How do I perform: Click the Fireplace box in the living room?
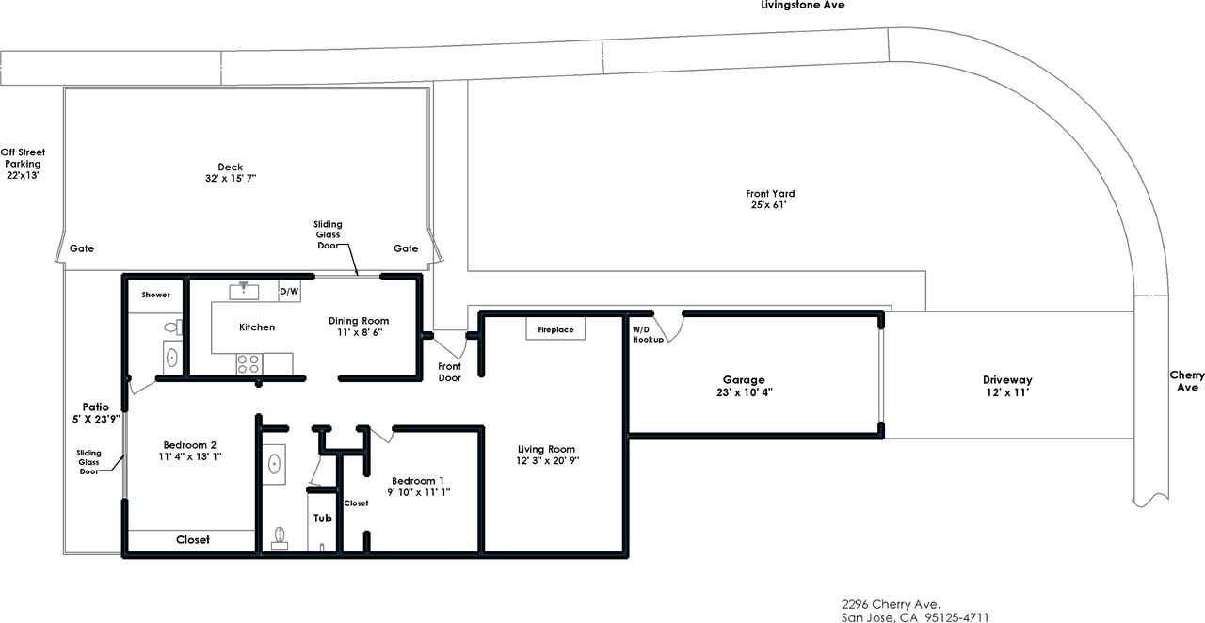555,328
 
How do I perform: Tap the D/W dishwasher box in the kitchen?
289,291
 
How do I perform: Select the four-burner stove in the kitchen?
249,363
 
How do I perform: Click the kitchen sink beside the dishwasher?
244,291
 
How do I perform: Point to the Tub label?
323,519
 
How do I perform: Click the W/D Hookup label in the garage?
648,335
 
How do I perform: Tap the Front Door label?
450,372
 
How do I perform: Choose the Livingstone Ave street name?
803,5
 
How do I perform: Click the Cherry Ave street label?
1187,381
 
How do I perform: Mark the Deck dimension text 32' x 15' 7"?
231,178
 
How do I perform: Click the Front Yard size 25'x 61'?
769,205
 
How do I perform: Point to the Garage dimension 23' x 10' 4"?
744,392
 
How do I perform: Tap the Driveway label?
1007,380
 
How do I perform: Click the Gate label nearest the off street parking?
82,248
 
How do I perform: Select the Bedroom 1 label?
417,481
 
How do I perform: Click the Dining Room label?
359,321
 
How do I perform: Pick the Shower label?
155,295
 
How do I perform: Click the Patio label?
96,407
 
